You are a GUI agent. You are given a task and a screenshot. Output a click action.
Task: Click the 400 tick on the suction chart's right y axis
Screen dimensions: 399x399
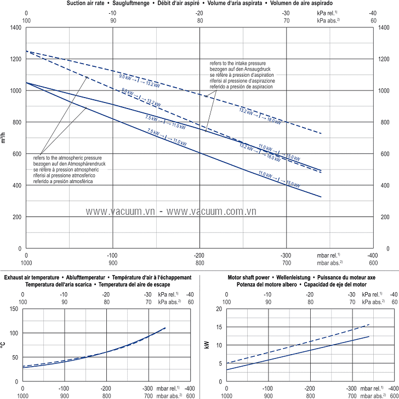[x=383, y=185]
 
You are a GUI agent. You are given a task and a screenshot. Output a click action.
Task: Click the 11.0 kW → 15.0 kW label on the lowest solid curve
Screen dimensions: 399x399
[x=279, y=179]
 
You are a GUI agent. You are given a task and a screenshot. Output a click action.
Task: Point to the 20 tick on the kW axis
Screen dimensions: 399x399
[x=218, y=309]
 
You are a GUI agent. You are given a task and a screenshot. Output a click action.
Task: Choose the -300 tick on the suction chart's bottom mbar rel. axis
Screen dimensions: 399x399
[x=286, y=255]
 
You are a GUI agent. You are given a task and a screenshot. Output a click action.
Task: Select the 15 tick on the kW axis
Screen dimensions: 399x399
[x=218, y=327]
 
